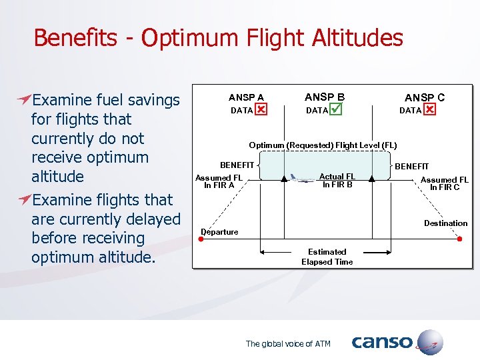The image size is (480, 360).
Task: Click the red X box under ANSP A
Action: [x=261, y=109]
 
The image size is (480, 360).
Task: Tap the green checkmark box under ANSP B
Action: [x=336, y=109]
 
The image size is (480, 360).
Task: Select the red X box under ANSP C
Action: [x=429, y=109]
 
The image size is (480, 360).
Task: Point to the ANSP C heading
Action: [x=425, y=97]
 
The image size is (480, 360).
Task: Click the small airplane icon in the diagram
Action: [x=302, y=178]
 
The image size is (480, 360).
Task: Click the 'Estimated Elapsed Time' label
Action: [x=327, y=257]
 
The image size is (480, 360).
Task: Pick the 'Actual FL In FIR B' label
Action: [x=337, y=181]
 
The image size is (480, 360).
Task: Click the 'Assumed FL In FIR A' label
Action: [x=219, y=181]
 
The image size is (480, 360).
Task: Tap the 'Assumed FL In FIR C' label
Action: [x=444, y=183]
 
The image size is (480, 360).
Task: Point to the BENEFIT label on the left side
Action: [x=237, y=165]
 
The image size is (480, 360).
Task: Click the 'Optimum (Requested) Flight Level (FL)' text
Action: [x=323, y=145]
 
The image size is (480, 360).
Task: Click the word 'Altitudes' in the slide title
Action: [x=361, y=38]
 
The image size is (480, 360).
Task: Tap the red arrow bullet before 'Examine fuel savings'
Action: [x=24, y=100]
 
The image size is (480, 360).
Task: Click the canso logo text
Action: [x=382, y=343]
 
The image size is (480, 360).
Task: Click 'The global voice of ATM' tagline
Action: [x=288, y=344]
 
